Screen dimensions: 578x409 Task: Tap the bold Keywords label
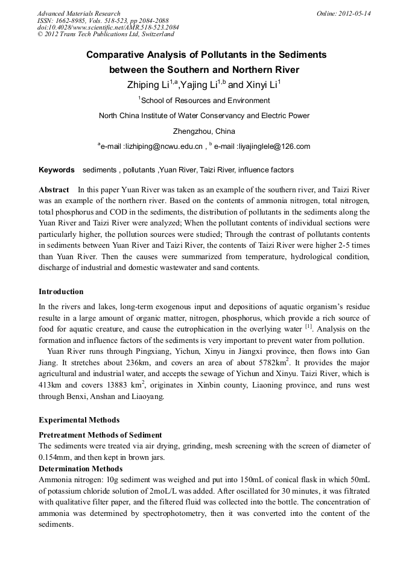point(56,170)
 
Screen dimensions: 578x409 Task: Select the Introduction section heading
point(61,292)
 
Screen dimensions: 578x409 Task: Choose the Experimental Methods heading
point(79,420)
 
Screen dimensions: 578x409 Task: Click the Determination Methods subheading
point(80,468)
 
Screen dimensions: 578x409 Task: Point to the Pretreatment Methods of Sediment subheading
point(100,435)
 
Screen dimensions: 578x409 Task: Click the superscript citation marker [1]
point(308,327)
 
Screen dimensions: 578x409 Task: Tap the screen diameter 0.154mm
point(57,457)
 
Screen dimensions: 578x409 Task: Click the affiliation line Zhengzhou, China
point(204,131)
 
